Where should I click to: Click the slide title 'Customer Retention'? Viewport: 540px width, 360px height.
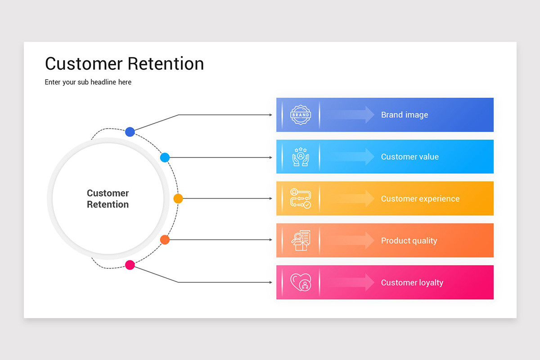(124, 63)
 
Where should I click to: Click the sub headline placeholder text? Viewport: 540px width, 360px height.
(88, 82)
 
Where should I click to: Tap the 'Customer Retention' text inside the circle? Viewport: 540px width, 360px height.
(108, 198)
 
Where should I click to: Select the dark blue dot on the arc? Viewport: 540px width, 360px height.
(130, 132)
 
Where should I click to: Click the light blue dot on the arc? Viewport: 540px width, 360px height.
(165, 157)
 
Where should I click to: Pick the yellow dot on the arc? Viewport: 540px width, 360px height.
(178, 198)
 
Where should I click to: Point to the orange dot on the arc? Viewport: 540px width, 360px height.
(165, 240)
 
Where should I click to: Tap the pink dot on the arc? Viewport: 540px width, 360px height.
(130, 265)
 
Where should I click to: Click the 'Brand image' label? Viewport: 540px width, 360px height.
(404, 115)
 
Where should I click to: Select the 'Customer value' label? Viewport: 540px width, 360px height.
(409, 157)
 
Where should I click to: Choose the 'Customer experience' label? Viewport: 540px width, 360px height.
(420, 198)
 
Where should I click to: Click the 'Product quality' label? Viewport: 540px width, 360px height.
(409, 241)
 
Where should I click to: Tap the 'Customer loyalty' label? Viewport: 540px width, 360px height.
(412, 283)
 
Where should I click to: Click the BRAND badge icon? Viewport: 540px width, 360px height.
(301, 115)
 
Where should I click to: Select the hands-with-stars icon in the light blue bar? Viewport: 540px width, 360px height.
(301, 157)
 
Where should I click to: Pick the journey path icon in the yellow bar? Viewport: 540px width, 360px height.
(301, 198)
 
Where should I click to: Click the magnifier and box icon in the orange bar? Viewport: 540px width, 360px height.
(301, 241)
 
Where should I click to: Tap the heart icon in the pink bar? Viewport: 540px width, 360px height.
(301, 283)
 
